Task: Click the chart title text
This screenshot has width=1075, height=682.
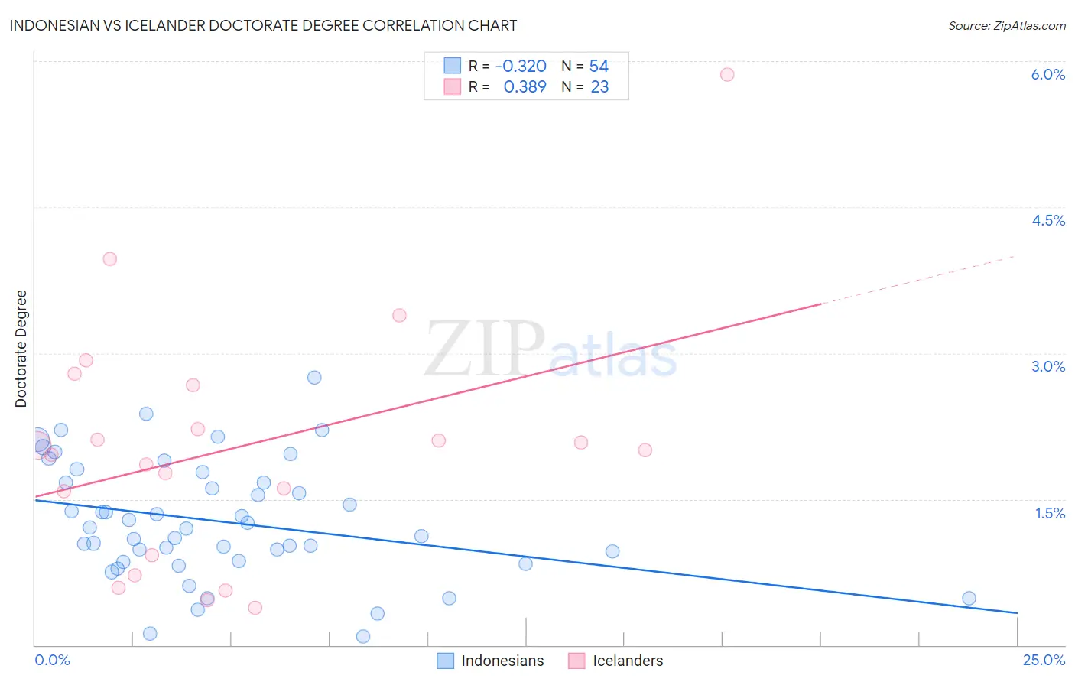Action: pyautogui.click(x=263, y=25)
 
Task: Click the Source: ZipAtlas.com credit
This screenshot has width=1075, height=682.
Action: pyautogui.click(x=1006, y=25)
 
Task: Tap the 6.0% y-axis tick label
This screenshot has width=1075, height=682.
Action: pyautogui.click(x=1047, y=74)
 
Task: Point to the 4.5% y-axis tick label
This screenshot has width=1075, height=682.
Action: pyautogui.click(x=1047, y=220)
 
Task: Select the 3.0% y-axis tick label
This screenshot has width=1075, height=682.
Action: pyautogui.click(x=1047, y=366)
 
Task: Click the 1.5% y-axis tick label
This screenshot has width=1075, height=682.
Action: pyautogui.click(x=1050, y=513)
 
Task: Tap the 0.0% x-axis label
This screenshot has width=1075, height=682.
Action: pyautogui.click(x=52, y=660)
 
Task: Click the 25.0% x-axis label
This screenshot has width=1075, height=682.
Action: pyautogui.click(x=1044, y=660)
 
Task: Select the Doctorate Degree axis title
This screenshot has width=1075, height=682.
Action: pyautogui.click(x=21, y=349)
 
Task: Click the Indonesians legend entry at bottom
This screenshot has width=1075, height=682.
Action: pyautogui.click(x=502, y=661)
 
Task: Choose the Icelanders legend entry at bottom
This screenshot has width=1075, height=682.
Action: pyautogui.click(x=628, y=661)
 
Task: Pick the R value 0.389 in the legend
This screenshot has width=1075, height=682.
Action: pyautogui.click(x=525, y=87)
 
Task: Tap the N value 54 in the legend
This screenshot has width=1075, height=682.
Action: pyautogui.click(x=599, y=67)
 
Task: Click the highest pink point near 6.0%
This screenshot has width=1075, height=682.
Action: pyautogui.click(x=727, y=74)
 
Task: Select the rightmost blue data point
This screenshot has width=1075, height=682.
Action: pyautogui.click(x=969, y=598)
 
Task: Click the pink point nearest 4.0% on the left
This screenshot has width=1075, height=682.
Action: pyautogui.click(x=109, y=259)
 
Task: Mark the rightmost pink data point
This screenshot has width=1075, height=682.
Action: pyautogui.click(x=727, y=74)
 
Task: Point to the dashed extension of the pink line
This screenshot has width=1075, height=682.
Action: pyautogui.click(x=917, y=280)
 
